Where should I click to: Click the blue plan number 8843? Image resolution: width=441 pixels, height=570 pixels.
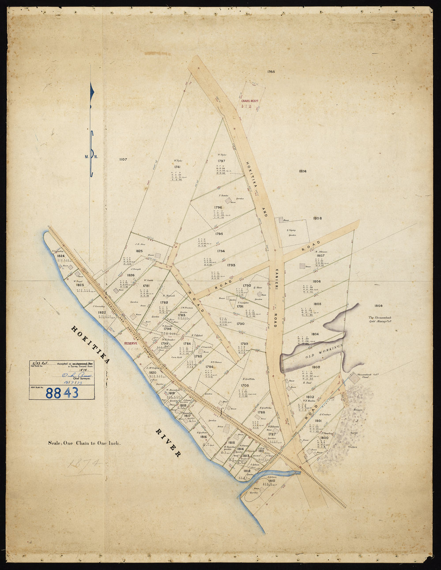(x=62, y=392)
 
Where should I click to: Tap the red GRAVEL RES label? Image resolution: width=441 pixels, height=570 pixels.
(x=249, y=101)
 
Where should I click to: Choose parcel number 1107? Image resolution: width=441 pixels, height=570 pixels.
(x=120, y=160)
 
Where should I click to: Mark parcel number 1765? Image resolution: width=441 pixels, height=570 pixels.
(x=271, y=71)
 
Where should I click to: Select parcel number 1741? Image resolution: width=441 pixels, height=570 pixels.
(x=177, y=167)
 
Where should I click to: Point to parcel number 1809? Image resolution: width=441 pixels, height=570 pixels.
(x=378, y=306)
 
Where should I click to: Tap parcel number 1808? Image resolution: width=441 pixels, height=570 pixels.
(x=317, y=218)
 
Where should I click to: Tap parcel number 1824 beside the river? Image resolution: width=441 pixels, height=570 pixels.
(x=61, y=256)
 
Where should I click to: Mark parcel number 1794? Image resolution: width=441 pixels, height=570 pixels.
(x=221, y=251)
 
